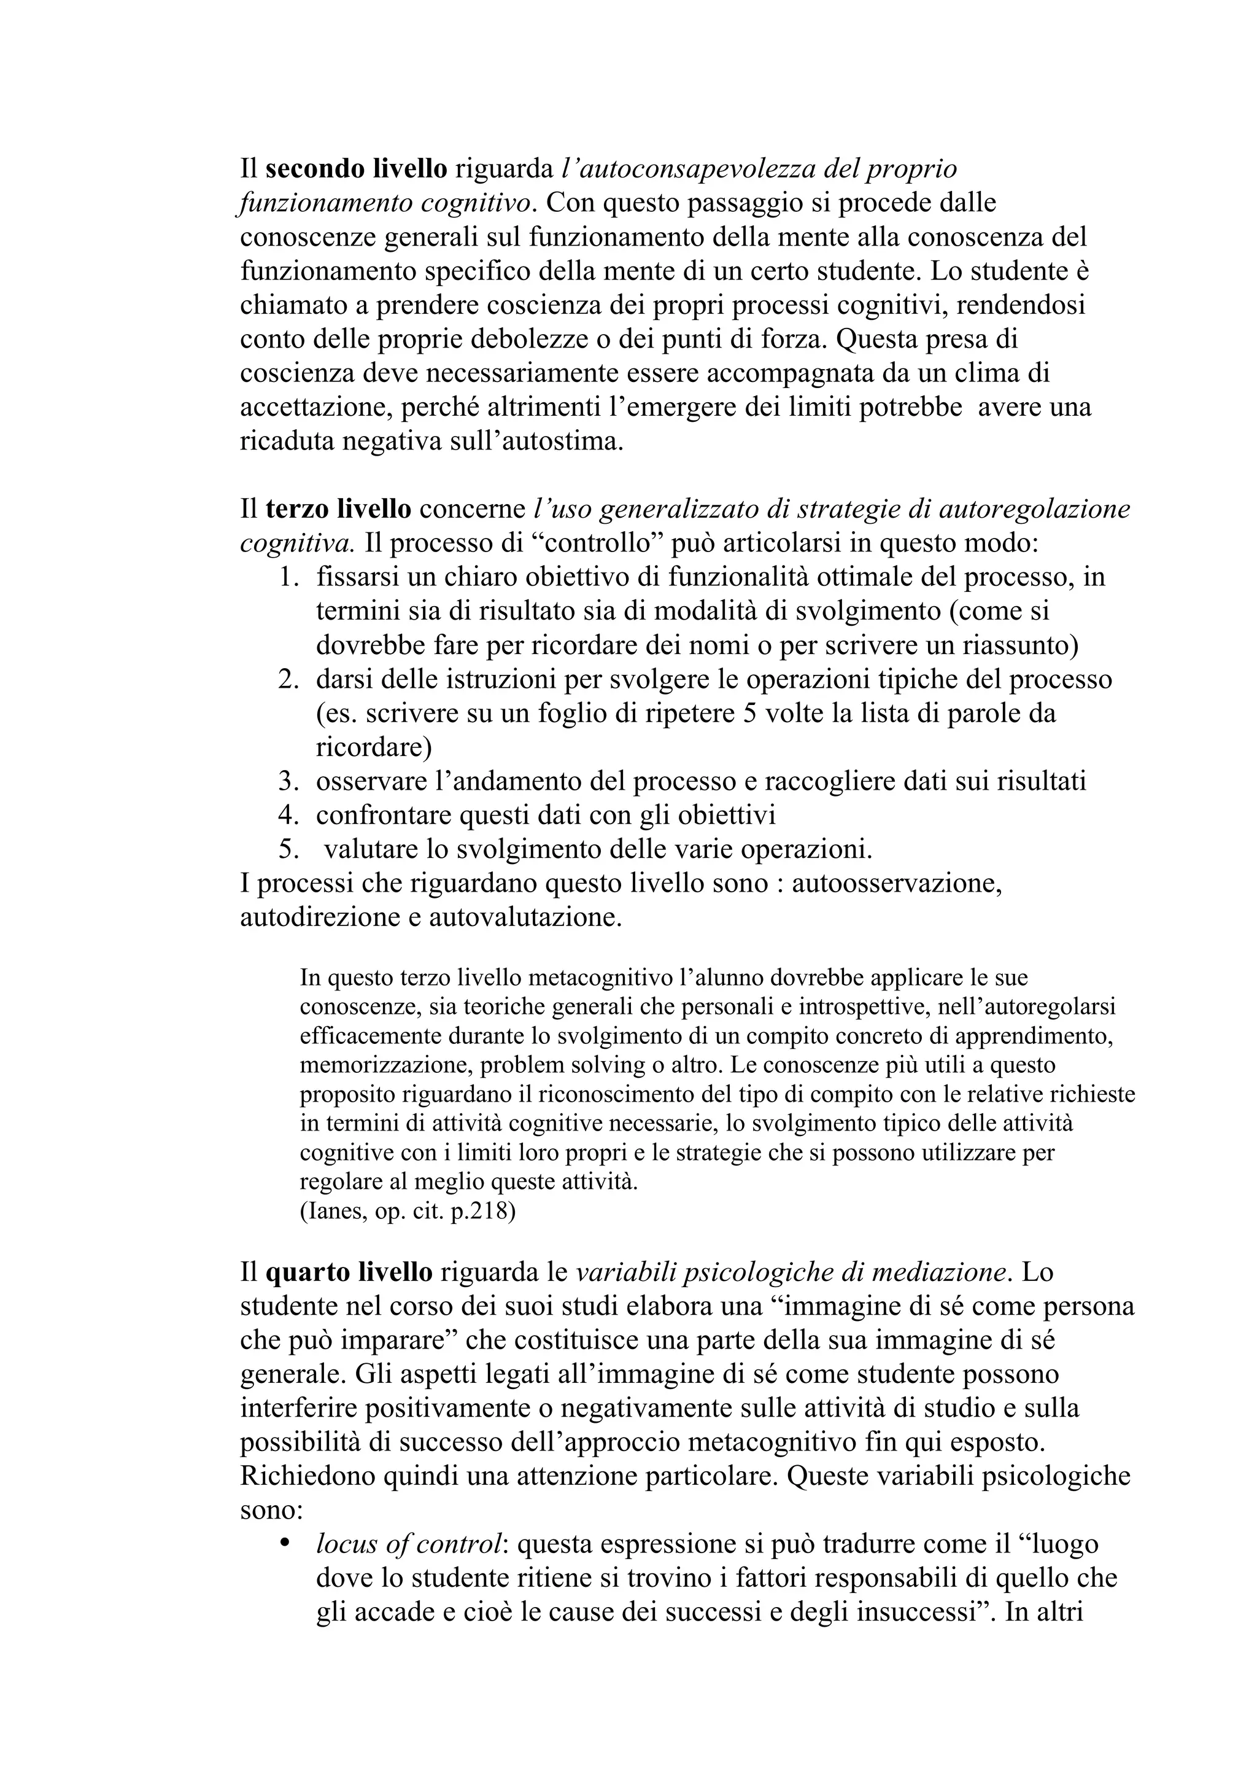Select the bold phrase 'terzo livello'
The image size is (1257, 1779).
[x=338, y=509]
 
